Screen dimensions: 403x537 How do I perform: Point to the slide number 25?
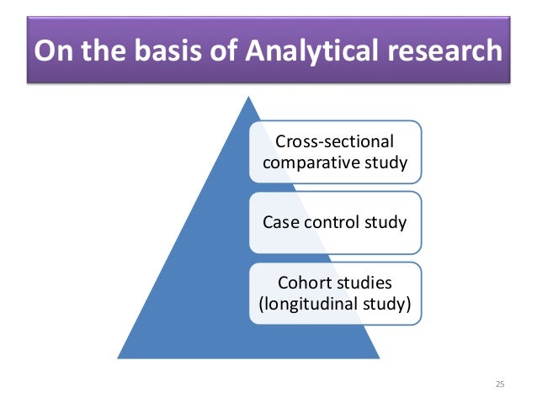tap(500, 384)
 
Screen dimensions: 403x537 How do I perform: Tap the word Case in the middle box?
tap(279, 223)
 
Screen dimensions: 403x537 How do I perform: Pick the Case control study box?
tap(334, 223)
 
